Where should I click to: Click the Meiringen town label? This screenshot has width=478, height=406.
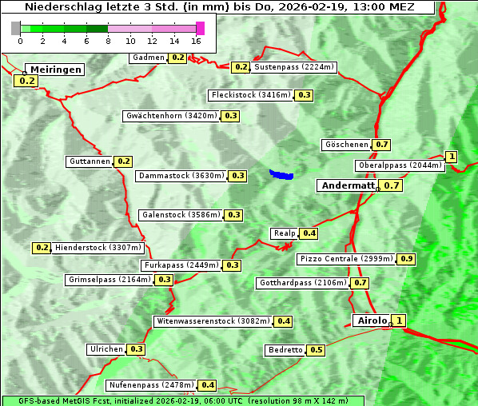pyautogui.click(x=54, y=70)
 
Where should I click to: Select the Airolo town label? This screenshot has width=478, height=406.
pyautogui.click(x=372, y=320)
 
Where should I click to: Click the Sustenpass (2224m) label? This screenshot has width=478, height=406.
pyautogui.click(x=295, y=67)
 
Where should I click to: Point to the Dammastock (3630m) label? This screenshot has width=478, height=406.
pyautogui.click(x=181, y=176)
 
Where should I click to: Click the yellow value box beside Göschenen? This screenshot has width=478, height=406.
pyautogui.click(x=381, y=145)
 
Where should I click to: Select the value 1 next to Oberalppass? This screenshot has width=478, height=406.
pyautogui.click(x=452, y=157)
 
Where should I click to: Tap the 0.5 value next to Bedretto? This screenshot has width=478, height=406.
pyautogui.click(x=316, y=350)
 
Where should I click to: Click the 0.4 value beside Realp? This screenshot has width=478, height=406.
pyautogui.click(x=309, y=233)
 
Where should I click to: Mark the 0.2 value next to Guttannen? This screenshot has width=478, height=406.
pyautogui.click(x=123, y=161)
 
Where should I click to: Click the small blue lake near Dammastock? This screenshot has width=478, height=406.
pyautogui.click(x=281, y=173)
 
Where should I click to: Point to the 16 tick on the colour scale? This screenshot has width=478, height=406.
pyautogui.click(x=197, y=41)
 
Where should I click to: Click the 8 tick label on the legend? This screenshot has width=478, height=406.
pyautogui.click(x=108, y=41)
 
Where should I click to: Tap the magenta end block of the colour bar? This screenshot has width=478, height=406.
pyautogui.click(x=200, y=28)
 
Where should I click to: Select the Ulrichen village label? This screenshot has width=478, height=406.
pyautogui.click(x=106, y=349)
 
